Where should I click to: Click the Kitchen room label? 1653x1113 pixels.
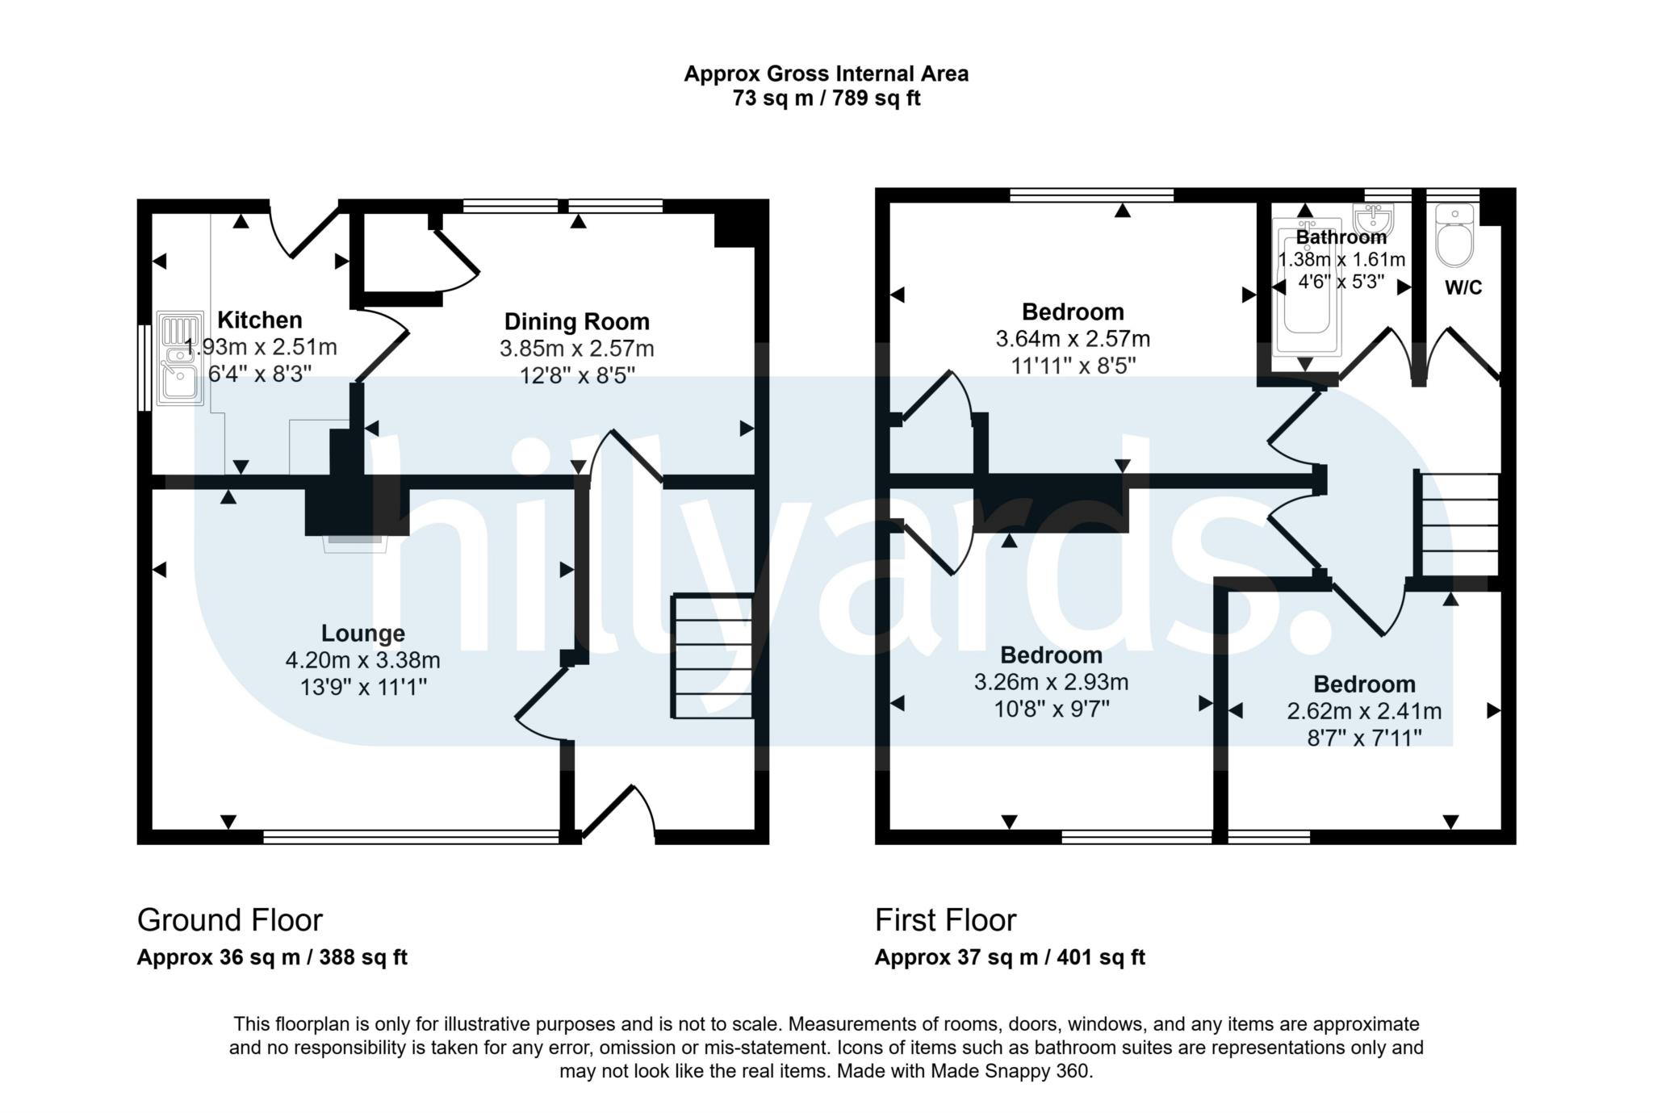(259, 320)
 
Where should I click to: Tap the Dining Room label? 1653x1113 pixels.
(576, 322)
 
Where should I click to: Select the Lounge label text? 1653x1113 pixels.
(362, 634)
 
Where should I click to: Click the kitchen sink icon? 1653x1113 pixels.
(180, 359)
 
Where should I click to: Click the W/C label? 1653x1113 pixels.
(1463, 288)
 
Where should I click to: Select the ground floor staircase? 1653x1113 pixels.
(713, 656)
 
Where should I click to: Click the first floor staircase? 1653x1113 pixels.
(1458, 525)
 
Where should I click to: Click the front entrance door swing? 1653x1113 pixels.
(621, 811)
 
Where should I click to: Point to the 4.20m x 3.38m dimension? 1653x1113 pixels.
(362, 661)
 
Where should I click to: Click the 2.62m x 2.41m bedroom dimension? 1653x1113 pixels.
(1364, 711)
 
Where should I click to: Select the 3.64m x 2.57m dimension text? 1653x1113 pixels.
(1073, 339)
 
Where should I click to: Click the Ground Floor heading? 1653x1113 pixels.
(229, 920)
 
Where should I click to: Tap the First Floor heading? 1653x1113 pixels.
(945, 920)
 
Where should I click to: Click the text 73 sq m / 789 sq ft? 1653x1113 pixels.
(826, 98)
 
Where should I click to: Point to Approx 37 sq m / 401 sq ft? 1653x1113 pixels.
(1009, 958)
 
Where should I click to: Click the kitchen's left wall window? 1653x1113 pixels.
(144, 368)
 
